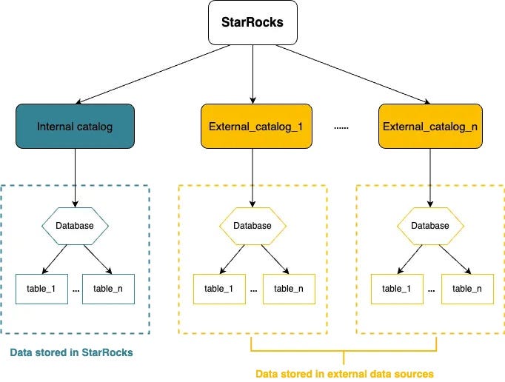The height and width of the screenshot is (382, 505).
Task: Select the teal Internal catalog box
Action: (x=75, y=127)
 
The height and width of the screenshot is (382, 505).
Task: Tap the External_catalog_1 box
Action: (x=252, y=127)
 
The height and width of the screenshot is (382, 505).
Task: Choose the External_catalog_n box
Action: (x=429, y=127)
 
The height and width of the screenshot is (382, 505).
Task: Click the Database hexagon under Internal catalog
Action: (x=75, y=225)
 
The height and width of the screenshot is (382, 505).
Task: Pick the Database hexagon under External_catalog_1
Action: (x=252, y=225)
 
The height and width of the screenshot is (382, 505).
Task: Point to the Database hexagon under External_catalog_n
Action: (x=429, y=225)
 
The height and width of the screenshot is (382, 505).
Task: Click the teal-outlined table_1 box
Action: (x=41, y=289)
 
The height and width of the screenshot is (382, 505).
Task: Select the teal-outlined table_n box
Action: (x=108, y=289)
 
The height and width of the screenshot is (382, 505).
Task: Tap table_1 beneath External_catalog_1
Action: (x=219, y=289)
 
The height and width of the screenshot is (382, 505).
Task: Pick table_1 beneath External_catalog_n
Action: (x=397, y=289)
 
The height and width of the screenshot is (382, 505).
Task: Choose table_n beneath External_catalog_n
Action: (x=467, y=289)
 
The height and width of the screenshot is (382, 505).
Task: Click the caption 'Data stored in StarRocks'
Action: (x=72, y=352)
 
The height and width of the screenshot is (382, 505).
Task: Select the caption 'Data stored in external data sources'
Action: (x=344, y=373)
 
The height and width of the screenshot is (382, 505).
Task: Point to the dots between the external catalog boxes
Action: (x=341, y=127)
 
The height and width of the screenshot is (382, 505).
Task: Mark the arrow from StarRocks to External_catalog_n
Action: (x=355, y=74)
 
